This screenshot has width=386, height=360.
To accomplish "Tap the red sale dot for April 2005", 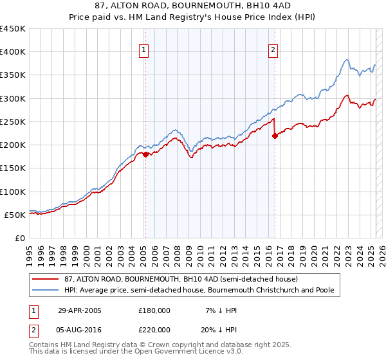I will click(x=145, y=154).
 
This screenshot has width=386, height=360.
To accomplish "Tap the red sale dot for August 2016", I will click(x=275, y=136).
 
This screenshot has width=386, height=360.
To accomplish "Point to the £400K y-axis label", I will click(x=13, y=52).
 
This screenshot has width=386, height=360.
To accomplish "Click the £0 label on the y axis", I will click(x=20, y=239).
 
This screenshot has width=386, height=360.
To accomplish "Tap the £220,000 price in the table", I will click(x=154, y=328).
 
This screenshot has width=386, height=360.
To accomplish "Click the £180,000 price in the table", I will click(x=154, y=310).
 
